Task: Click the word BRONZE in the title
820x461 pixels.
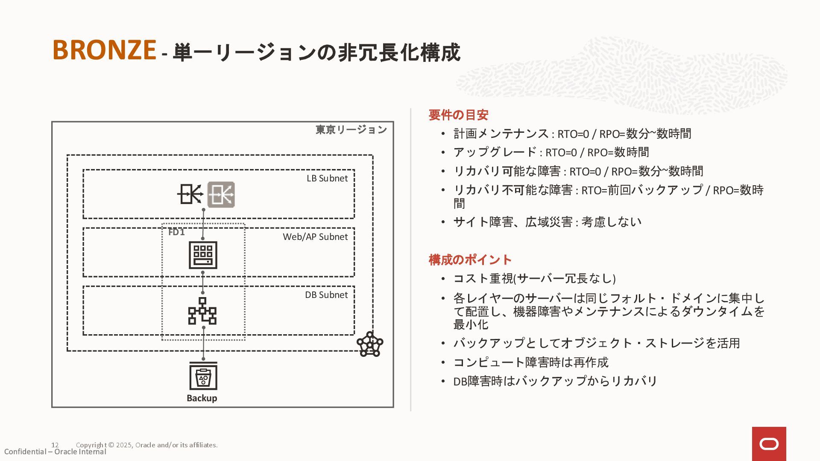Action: [x=104, y=50]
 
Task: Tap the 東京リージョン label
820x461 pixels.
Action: [x=351, y=130]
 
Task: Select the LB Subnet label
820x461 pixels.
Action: [x=327, y=178]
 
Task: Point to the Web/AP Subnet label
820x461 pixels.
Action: [x=315, y=237]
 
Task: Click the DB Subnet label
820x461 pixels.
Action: [x=326, y=295]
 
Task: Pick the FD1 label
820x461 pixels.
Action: [x=176, y=232]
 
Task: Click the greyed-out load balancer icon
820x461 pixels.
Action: [x=221, y=195]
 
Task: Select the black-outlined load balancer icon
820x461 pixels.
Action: [x=190, y=195]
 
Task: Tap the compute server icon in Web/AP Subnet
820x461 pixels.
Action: [x=203, y=255]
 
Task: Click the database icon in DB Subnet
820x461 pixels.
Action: [x=202, y=311]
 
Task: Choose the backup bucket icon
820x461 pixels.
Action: [x=203, y=376]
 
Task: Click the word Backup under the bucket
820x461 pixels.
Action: [x=202, y=398]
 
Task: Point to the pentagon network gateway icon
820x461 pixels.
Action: [x=370, y=344]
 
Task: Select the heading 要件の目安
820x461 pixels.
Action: [x=458, y=115]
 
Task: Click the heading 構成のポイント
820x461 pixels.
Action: [x=470, y=260]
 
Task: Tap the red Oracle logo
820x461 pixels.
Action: [x=769, y=444]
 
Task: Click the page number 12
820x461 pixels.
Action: [x=55, y=445]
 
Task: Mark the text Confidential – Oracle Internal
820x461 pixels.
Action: [x=55, y=452]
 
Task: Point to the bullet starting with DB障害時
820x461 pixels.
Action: [x=555, y=381]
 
